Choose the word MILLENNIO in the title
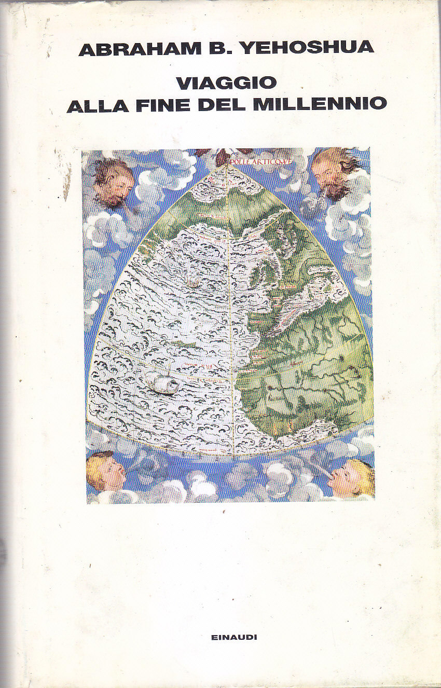[320, 104]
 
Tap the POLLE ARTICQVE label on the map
[263, 161]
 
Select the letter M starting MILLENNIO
[264, 104]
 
